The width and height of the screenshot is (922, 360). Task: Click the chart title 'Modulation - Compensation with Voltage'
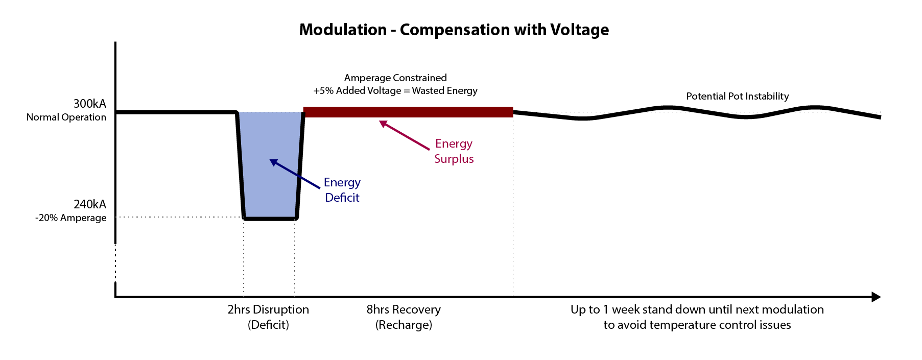pyautogui.click(x=454, y=30)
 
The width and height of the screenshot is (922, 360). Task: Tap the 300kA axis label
pyautogui.click(x=90, y=104)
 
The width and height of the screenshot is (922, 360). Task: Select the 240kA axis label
pyautogui.click(x=90, y=204)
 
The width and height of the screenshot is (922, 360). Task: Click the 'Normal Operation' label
pyautogui.click(x=66, y=117)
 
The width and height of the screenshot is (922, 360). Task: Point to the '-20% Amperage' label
pyautogui.click(x=71, y=218)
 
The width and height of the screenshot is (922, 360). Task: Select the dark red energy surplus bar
pyautogui.click(x=408, y=112)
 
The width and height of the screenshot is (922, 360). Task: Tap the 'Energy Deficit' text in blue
pyautogui.click(x=342, y=190)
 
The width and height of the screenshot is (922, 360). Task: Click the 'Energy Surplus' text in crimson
pyautogui.click(x=454, y=151)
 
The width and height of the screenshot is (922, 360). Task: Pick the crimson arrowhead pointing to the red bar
pyautogui.click(x=383, y=124)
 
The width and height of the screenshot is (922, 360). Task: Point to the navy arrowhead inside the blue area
pyautogui.click(x=274, y=162)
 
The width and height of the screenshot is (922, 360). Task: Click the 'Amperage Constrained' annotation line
pyautogui.click(x=395, y=78)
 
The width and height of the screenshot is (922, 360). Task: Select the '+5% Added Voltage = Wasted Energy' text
pyautogui.click(x=395, y=91)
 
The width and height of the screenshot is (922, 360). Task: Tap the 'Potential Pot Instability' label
pyautogui.click(x=737, y=96)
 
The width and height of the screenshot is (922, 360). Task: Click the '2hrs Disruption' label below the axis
pyautogui.click(x=268, y=309)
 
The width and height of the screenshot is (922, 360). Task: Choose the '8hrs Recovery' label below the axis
pyautogui.click(x=404, y=309)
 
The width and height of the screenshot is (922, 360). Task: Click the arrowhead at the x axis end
pyautogui.click(x=876, y=297)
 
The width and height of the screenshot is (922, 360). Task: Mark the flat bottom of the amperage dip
pyautogui.click(x=270, y=219)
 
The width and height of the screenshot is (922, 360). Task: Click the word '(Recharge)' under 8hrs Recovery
pyautogui.click(x=404, y=325)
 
